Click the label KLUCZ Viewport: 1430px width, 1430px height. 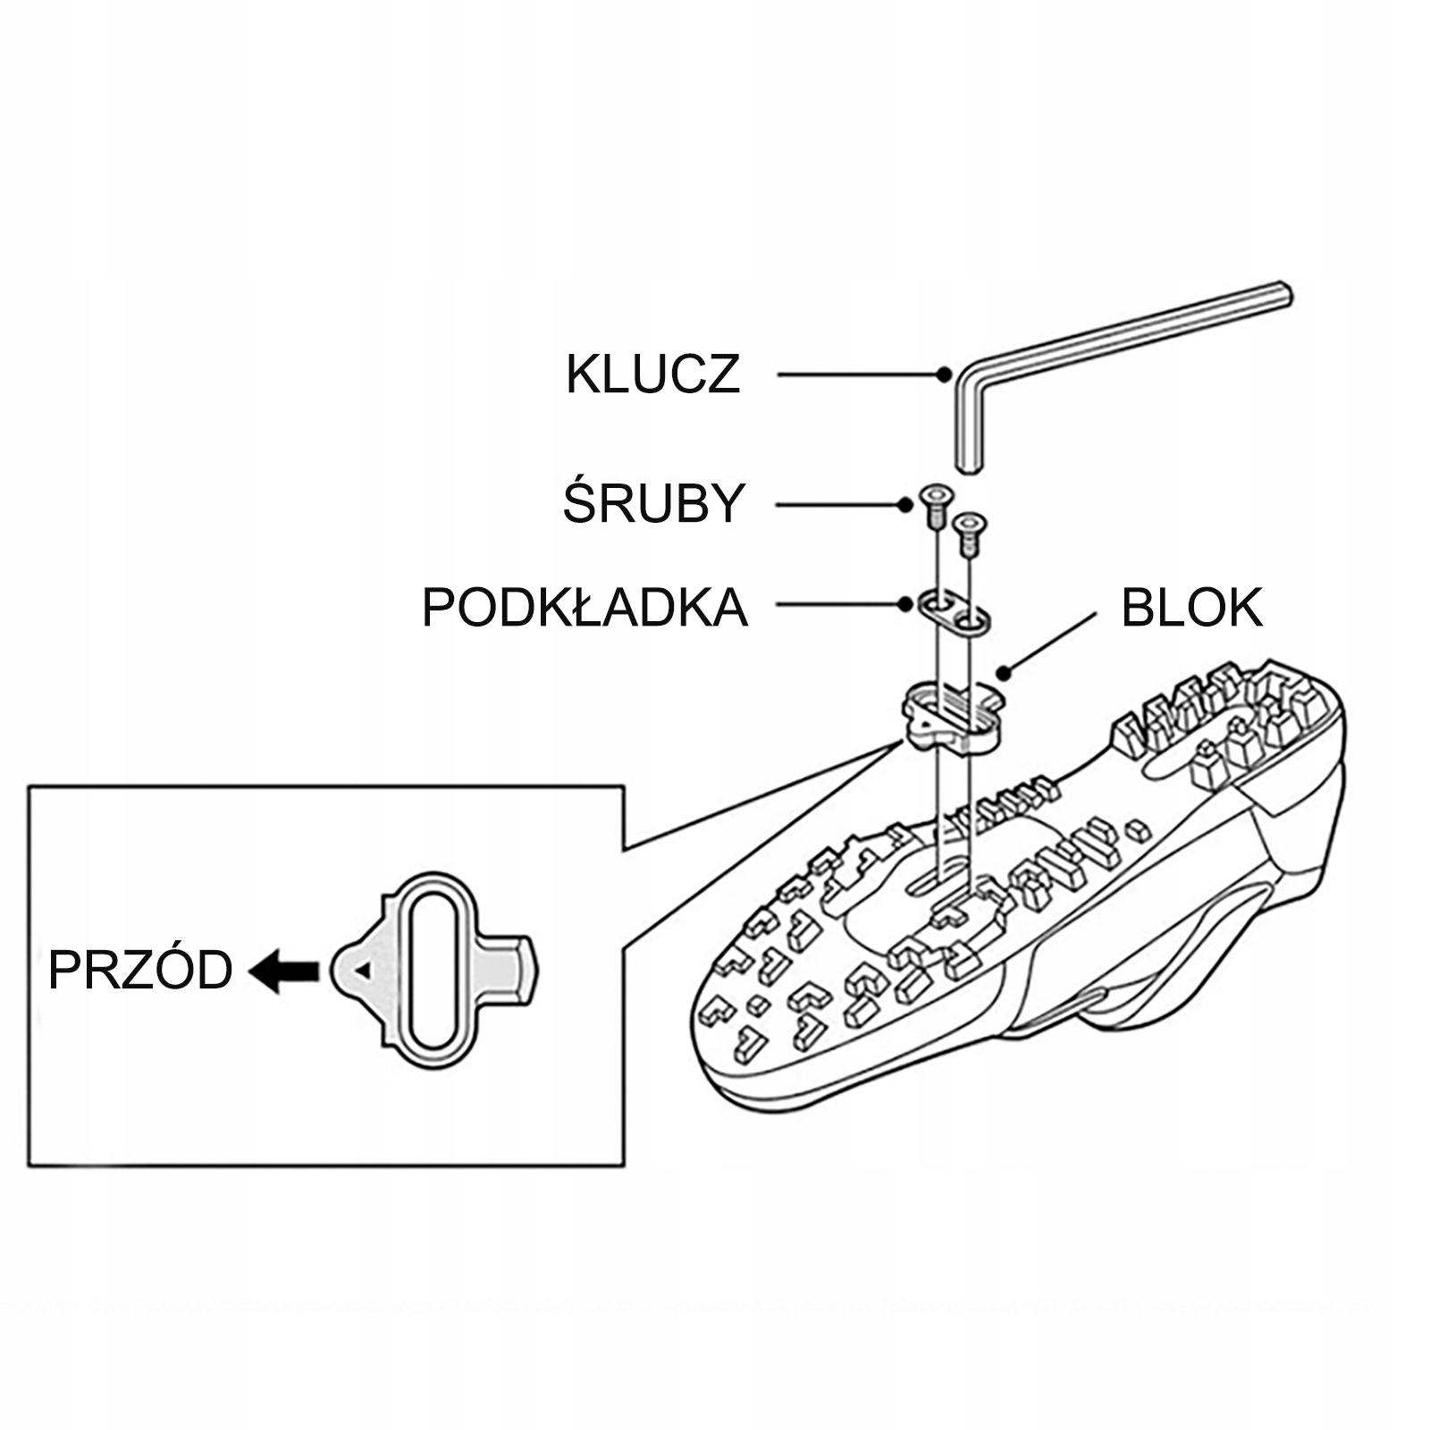[x=653, y=374]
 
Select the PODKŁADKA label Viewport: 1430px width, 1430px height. [x=585, y=608]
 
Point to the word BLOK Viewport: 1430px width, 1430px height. [x=1191, y=608]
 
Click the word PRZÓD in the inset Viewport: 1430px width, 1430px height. [x=140, y=971]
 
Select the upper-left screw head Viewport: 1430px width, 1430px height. [x=935, y=497]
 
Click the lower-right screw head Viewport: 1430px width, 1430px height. [x=969, y=521]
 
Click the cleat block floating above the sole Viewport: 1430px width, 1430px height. [x=951, y=720]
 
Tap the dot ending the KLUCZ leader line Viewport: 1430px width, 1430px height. [x=944, y=374]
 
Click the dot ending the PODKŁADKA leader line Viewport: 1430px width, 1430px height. [x=905, y=605]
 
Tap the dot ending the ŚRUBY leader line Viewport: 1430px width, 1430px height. [x=905, y=505]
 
